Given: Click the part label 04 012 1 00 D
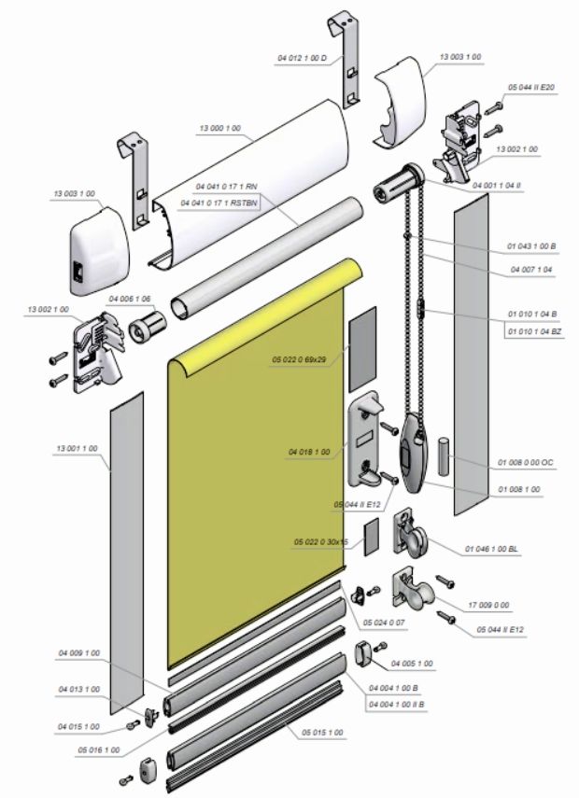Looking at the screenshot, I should [301, 58].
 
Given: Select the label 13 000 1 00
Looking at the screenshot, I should [220, 128].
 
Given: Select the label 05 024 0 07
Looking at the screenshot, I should [384, 622].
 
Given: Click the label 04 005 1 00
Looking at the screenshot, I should [411, 664].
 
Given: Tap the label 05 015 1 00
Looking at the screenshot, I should [322, 732].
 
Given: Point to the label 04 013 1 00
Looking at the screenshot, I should [78, 690].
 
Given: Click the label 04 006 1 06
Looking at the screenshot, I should [129, 299].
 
